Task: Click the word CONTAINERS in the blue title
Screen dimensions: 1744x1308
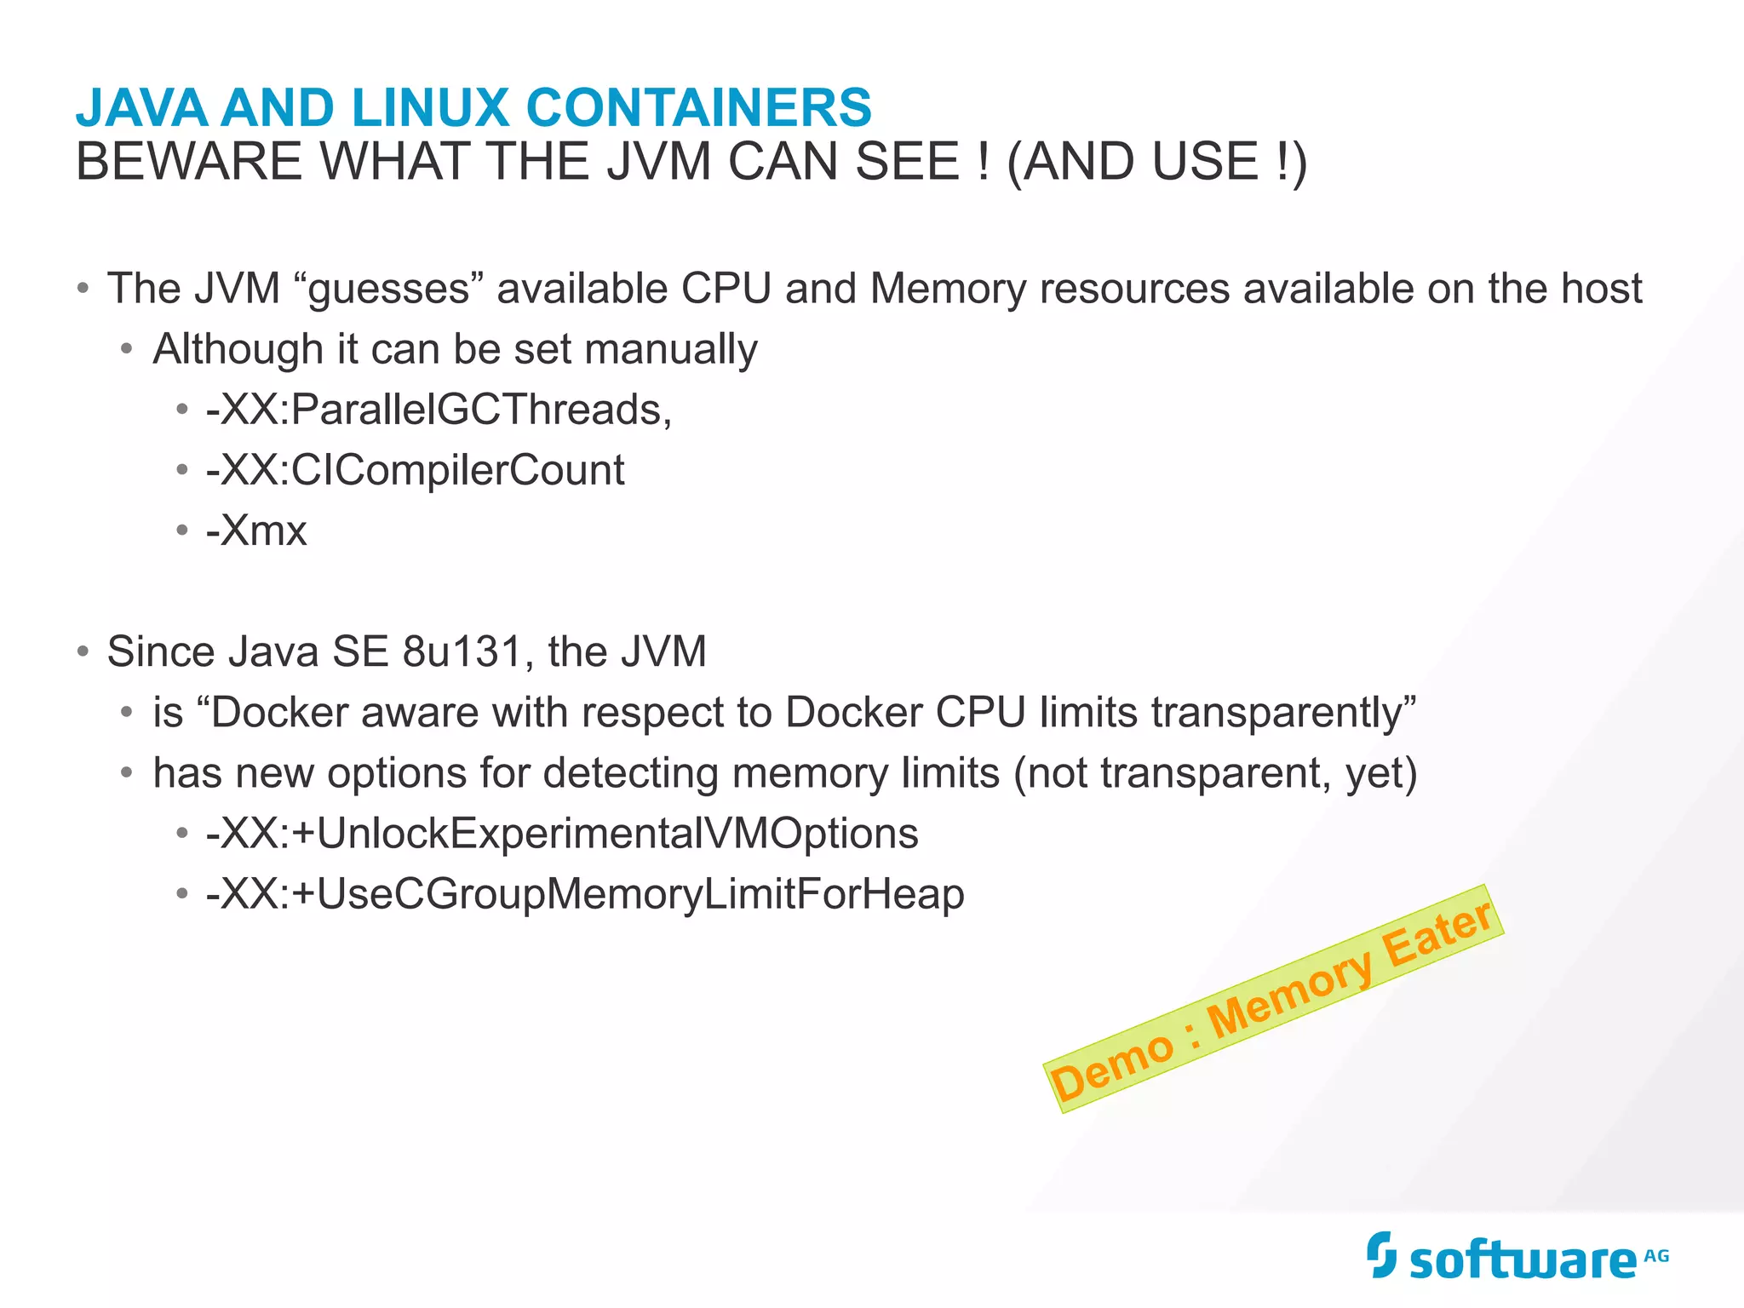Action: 698,108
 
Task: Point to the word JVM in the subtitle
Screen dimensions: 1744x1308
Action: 658,162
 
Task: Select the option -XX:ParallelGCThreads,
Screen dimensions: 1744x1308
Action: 439,410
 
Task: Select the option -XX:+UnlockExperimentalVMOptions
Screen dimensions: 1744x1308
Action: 562,834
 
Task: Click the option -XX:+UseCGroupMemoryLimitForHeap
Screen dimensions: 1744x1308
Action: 585,894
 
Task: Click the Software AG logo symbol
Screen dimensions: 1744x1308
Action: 1381,1254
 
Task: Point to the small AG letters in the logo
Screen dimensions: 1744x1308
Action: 1656,1255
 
